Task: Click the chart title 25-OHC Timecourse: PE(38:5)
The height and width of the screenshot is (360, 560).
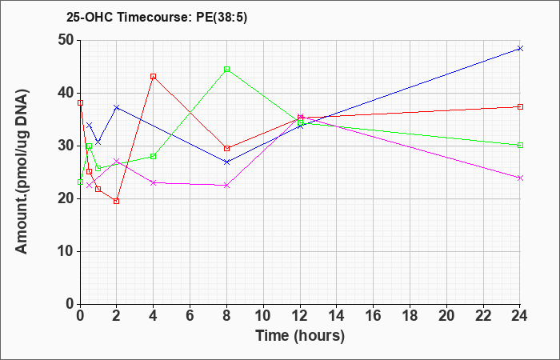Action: [x=157, y=18]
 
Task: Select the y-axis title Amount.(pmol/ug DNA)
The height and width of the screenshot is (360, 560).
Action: [x=22, y=172]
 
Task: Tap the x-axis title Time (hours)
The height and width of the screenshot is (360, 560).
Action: [x=300, y=336]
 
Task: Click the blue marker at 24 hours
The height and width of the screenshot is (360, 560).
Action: [x=520, y=48]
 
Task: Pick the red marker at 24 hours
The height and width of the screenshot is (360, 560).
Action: [x=520, y=106]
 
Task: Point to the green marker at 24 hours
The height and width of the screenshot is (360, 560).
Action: [x=520, y=145]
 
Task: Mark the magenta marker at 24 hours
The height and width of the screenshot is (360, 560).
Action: [x=520, y=178]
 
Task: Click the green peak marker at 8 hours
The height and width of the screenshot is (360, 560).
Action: [x=226, y=69]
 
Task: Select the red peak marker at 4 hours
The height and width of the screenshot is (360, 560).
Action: [x=154, y=77]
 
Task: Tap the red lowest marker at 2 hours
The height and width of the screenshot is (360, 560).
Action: [x=117, y=201]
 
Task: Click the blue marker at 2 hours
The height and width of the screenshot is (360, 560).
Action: [x=117, y=107]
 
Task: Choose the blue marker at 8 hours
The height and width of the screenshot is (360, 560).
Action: [x=226, y=162]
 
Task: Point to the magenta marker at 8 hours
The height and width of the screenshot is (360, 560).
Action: [x=226, y=186]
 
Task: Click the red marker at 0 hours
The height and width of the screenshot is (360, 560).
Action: [x=80, y=103]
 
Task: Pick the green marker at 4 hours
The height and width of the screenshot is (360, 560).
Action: [x=154, y=156]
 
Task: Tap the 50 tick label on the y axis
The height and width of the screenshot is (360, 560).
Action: [x=66, y=40]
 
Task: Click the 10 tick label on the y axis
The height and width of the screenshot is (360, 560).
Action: [x=66, y=251]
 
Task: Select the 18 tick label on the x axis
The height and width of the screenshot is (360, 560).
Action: [x=410, y=316]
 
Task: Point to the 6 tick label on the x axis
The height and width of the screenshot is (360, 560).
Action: [x=190, y=316]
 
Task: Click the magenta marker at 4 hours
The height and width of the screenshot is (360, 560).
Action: [x=154, y=182]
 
